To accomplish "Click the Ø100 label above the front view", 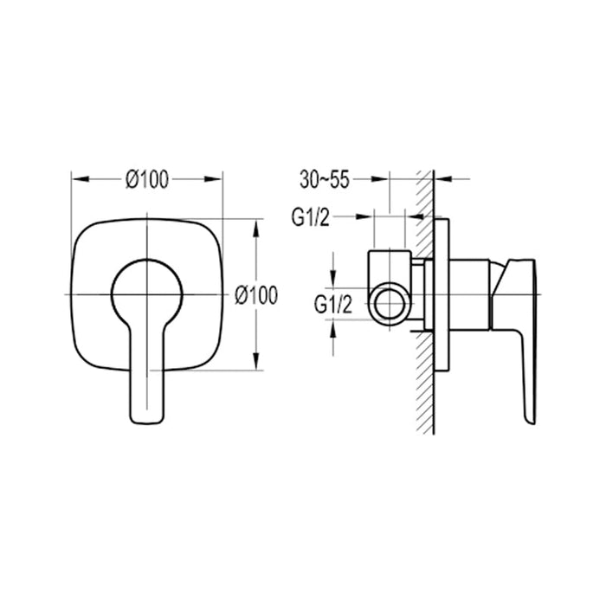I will [x=146, y=179].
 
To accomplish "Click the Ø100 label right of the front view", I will [x=256, y=295].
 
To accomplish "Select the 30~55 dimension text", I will [x=325, y=179].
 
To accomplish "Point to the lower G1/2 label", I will [x=332, y=304].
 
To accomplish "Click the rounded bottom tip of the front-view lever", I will [x=147, y=419].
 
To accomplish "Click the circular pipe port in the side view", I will [x=389, y=305].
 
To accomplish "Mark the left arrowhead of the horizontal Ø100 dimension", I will [x=77, y=179].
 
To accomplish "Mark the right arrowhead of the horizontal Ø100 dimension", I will [x=217, y=179].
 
